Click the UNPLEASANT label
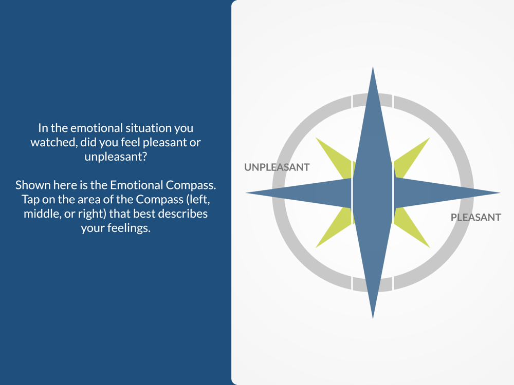point(277,167)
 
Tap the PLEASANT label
point(475,217)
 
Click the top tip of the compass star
point(373,67)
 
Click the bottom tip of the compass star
point(373,318)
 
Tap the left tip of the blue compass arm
point(247,193)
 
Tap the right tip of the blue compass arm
point(500,193)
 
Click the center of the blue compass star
point(373,193)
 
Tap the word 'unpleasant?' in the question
point(116,157)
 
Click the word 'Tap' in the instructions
point(30,199)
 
